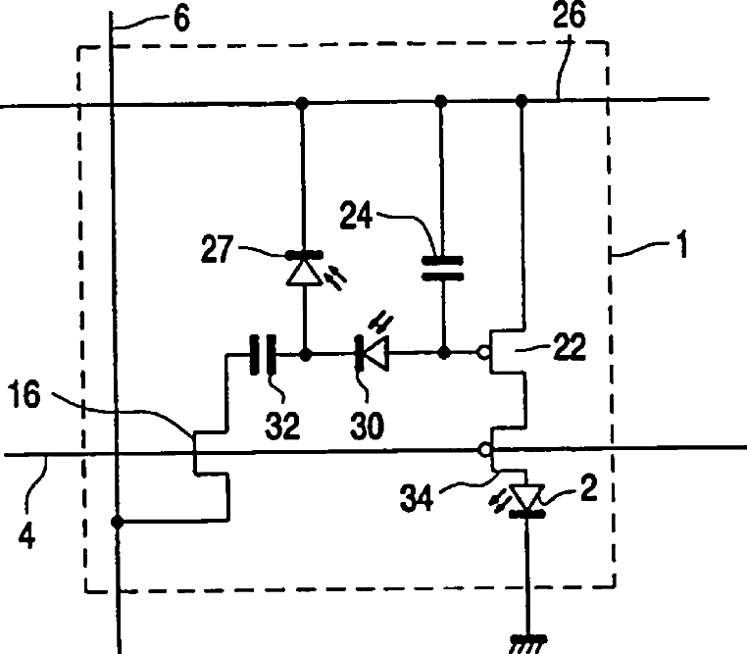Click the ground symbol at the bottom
point(529,641)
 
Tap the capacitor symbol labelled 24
point(441,269)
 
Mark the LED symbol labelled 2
point(529,497)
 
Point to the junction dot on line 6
point(118,522)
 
